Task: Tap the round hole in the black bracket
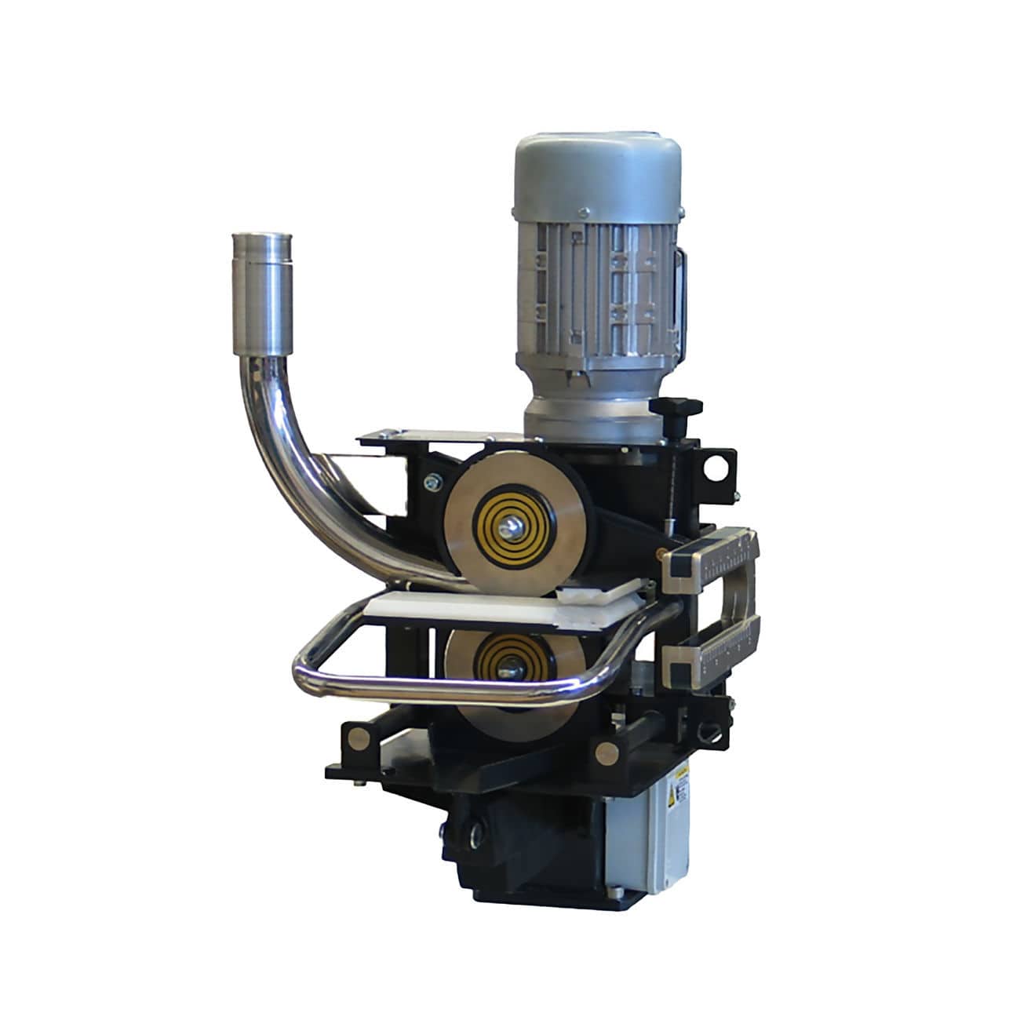coord(716,467)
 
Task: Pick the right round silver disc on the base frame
coord(606,752)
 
